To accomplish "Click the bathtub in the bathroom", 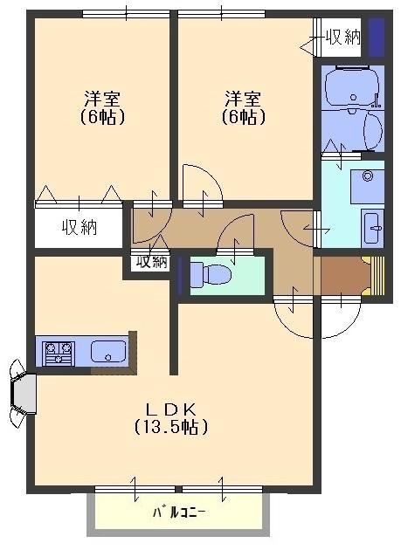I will pyautogui.click(x=350, y=86).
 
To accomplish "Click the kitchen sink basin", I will pyautogui.click(x=108, y=353).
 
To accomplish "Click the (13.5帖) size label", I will pyautogui.click(x=170, y=428).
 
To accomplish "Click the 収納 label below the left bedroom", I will pyautogui.click(x=79, y=229).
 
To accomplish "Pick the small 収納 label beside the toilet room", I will pyautogui.click(x=150, y=262).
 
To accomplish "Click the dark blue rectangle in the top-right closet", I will pyautogui.click(x=375, y=37).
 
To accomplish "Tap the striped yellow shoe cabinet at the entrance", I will pyautogui.click(x=377, y=277).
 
